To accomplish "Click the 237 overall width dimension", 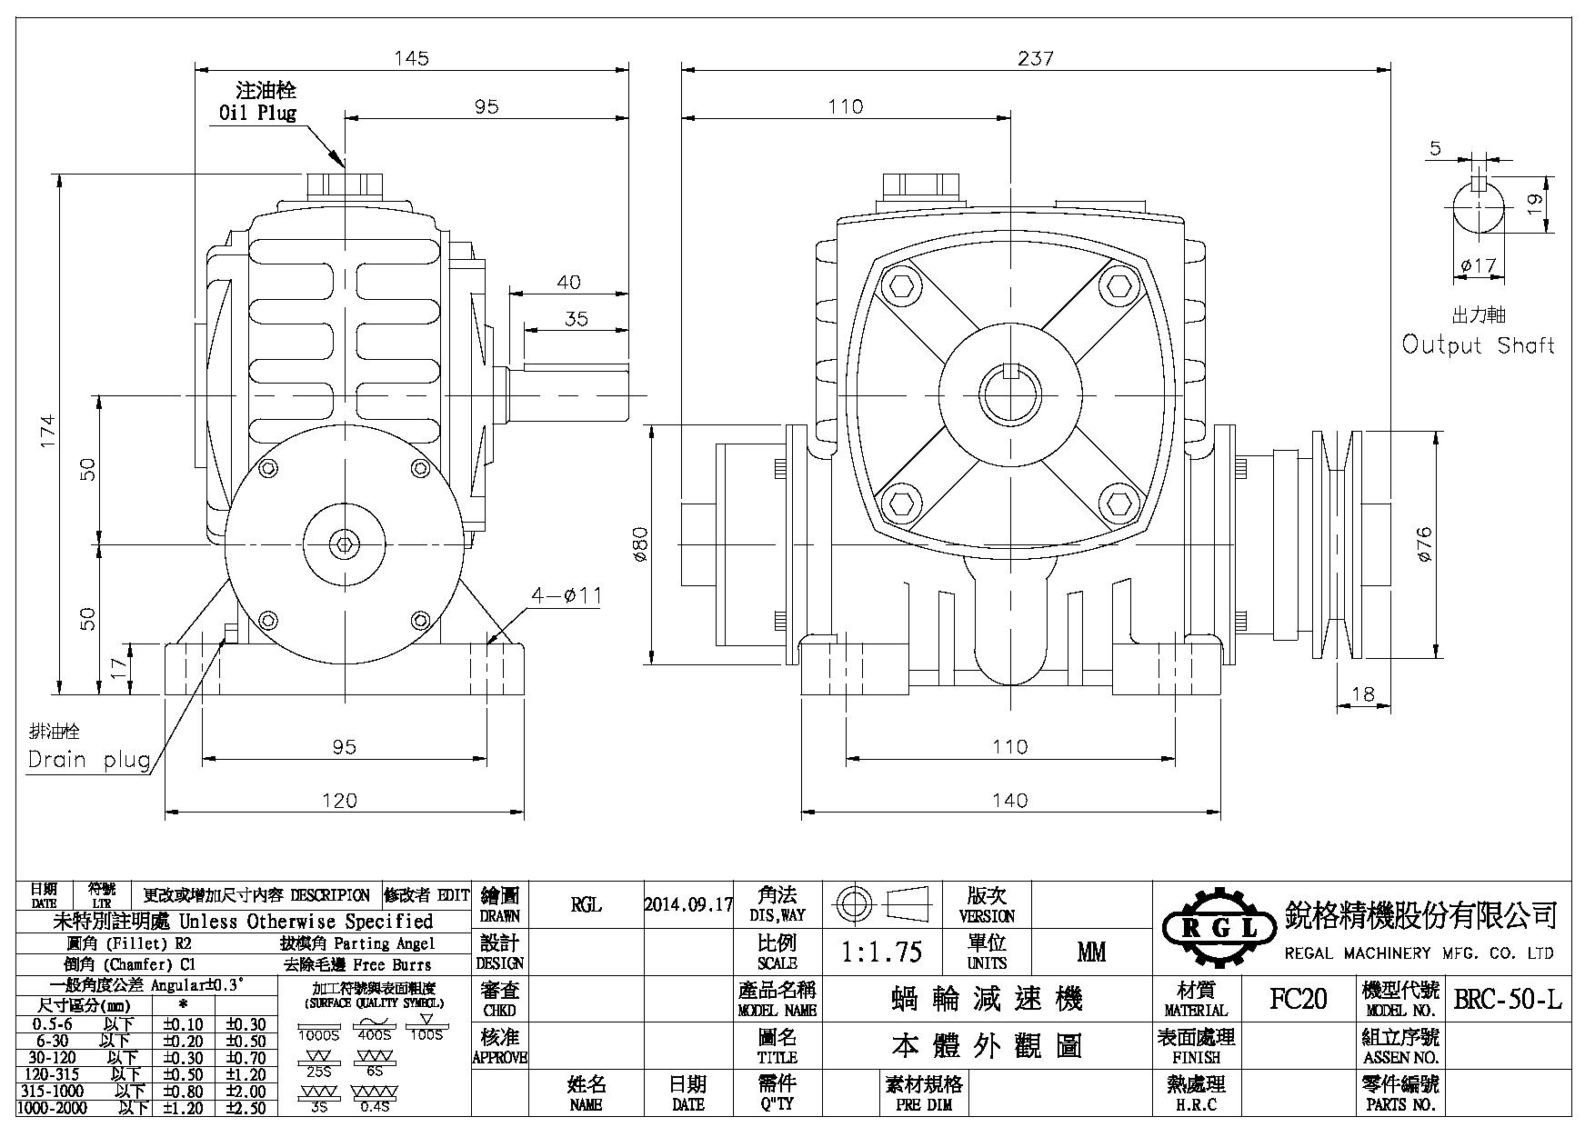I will click(1035, 58).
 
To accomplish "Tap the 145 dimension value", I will click(411, 58).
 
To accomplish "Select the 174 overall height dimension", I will click(48, 430).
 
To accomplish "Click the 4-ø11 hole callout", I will click(567, 596).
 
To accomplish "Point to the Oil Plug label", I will click(257, 113).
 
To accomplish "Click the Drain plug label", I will click(89, 760).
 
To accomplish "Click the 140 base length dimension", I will click(1010, 800).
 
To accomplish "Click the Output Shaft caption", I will click(1478, 345).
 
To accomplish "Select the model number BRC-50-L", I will click(1508, 1000).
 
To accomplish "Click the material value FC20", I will click(1298, 1000).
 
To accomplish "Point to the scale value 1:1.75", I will click(881, 952).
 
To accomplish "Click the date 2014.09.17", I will click(688, 904).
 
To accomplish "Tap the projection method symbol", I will click(880, 903).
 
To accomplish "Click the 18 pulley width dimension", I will click(1363, 694).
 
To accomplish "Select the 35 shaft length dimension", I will click(576, 319).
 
